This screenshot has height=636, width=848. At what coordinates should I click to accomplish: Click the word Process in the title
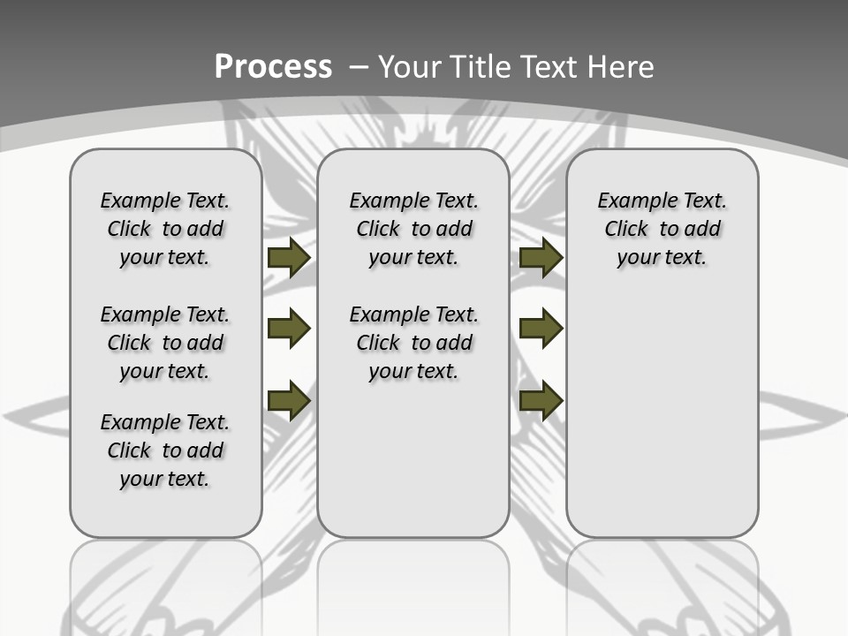click(273, 66)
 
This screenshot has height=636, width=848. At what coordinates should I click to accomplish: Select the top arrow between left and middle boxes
click(288, 258)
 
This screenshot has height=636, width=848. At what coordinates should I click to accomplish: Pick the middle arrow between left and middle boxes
click(288, 329)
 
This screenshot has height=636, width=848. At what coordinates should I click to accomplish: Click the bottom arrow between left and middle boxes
click(288, 400)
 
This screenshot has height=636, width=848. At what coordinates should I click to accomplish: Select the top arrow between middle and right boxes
click(541, 258)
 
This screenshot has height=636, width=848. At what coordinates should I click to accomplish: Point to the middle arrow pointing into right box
click(541, 329)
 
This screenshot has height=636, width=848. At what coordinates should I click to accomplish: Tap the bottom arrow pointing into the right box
click(541, 400)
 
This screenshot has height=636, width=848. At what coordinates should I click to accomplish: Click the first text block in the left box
click(165, 229)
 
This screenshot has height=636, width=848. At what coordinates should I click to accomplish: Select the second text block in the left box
click(165, 343)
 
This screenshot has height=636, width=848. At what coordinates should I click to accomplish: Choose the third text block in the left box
click(165, 450)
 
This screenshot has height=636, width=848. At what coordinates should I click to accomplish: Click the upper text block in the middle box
click(414, 229)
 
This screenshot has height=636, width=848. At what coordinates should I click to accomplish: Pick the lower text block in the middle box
click(414, 343)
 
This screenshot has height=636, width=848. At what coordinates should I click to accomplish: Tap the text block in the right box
click(662, 229)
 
